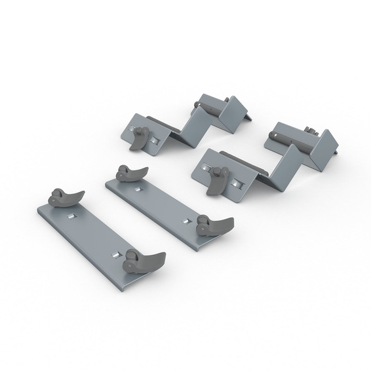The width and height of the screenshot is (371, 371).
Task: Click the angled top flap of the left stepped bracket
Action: click(234, 113)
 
